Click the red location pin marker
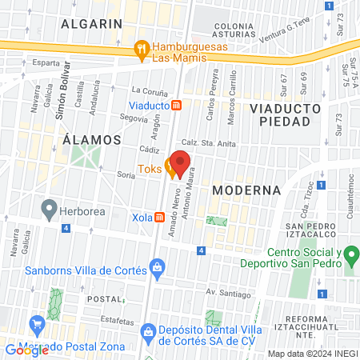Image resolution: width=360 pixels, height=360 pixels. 181,162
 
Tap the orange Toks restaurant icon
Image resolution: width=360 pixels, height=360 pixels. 170,168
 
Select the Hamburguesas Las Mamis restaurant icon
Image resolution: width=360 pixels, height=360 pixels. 142,47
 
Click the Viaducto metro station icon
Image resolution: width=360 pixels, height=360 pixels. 184,105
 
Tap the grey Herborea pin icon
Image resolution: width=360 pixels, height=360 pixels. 50,210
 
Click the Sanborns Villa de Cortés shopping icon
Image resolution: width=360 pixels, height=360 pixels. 158,266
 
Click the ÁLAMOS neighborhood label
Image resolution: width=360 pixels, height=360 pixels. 92,139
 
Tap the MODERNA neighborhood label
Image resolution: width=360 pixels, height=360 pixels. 247,190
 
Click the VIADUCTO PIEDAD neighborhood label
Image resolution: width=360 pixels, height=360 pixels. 284,114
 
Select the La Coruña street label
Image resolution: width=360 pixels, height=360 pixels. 147,90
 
